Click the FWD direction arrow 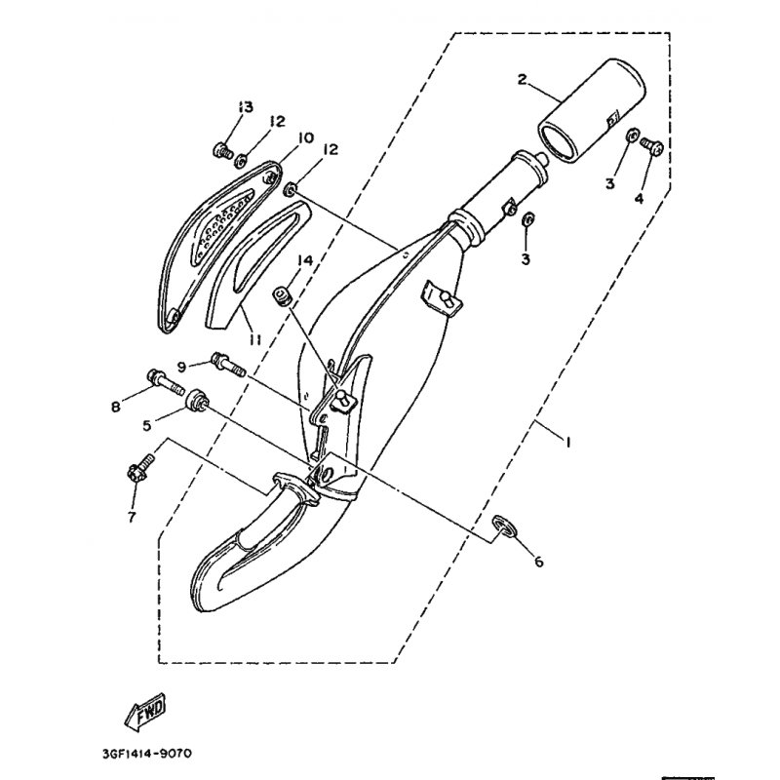(144, 711)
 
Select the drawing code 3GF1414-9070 (147, 753)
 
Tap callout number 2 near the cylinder (522, 79)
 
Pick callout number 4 (639, 199)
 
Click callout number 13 (246, 106)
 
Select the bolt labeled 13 (222, 150)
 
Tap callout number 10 (306, 137)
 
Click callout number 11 (255, 339)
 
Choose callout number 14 (305, 260)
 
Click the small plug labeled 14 (281, 296)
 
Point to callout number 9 (181, 368)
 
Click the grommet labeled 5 (196, 399)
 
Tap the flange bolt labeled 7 (140, 467)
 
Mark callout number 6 (539, 562)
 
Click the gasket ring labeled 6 (503, 526)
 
